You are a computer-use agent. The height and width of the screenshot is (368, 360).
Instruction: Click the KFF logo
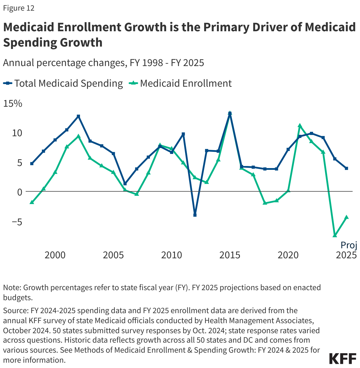coord(343,359)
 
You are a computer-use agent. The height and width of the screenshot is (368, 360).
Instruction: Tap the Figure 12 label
coord(19,8)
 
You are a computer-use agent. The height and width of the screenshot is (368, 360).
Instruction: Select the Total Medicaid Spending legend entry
coord(63,83)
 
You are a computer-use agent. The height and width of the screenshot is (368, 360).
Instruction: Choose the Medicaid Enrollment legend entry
coord(181,83)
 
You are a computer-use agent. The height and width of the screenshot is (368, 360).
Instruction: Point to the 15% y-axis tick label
coord(13,103)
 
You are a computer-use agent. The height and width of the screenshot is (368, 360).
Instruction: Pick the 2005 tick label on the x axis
coord(113,255)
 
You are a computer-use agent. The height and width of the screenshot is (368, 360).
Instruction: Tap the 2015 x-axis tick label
coord(230,255)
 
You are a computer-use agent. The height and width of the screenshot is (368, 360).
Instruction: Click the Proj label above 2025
coord(349,245)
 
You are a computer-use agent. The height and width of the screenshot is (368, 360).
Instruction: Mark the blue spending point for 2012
coord(195,215)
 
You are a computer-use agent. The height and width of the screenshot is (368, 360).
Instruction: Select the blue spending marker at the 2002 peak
coord(78,116)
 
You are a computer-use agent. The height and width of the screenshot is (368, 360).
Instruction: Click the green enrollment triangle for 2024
coord(335,235)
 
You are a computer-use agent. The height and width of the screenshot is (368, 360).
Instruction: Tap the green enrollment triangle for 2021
coord(300,126)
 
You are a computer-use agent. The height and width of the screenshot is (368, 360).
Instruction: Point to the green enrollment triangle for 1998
coord(32,202)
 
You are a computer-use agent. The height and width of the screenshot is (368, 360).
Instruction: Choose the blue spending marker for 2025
coord(346,168)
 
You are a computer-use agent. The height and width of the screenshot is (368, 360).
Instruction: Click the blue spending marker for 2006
coord(125,184)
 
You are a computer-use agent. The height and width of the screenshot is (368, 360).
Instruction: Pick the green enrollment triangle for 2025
coord(346,217)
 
